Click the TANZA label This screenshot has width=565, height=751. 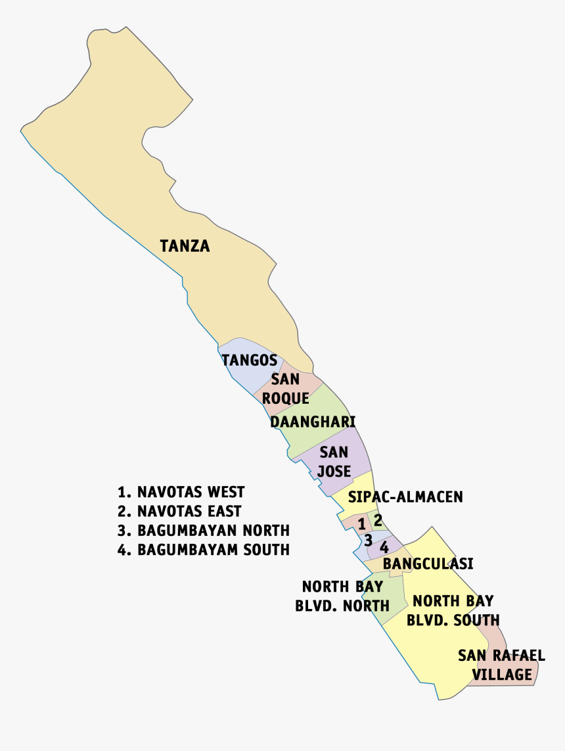tap(185, 246)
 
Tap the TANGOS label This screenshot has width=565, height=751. tap(249, 360)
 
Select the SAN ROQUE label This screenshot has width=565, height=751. tap(286, 389)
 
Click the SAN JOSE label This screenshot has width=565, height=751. tap(334, 462)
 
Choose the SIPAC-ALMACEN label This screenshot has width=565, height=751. tap(405, 497)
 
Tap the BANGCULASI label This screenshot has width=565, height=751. tap(428, 564)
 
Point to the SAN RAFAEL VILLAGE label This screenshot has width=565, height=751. tap(501, 664)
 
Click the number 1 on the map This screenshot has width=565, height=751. tap(361, 524)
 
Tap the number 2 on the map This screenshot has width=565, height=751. tap(378, 519)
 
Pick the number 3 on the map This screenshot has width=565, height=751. tap(369, 540)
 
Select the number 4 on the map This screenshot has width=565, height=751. tap(384, 546)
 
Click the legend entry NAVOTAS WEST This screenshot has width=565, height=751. tap(181, 492)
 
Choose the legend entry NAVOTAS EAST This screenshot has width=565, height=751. tap(179, 511)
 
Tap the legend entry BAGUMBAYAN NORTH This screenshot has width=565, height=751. tap(203, 530)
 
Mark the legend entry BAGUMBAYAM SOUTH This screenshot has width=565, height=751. tap(203, 549)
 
